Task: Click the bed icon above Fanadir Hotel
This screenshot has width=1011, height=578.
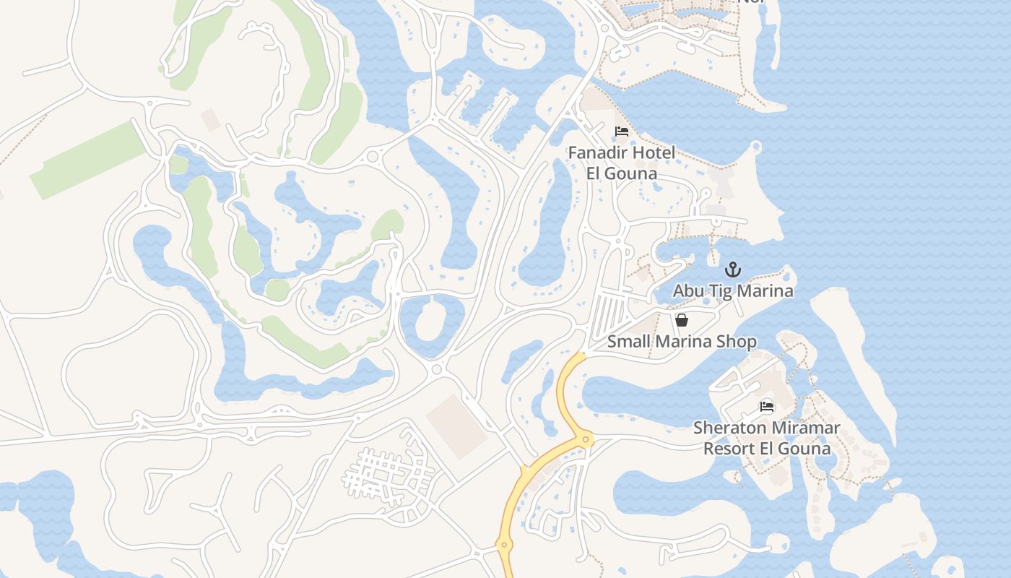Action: point(621,131)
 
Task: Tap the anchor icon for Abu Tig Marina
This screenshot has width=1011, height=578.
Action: point(733,269)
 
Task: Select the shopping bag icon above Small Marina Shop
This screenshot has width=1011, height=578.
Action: point(681,320)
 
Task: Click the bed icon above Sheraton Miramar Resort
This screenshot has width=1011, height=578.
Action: point(767,407)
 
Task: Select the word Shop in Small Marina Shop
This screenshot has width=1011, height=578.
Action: point(737,342)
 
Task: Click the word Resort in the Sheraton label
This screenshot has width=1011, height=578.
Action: point(730,449)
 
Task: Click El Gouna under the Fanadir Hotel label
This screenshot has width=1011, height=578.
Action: point(622,174)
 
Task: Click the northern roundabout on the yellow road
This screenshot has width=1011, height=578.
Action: point(586,439)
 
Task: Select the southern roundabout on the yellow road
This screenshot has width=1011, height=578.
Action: point(504,545)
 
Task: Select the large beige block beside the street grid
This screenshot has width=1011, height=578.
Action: point(456,426)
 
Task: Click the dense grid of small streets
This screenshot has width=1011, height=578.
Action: point(386,477)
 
